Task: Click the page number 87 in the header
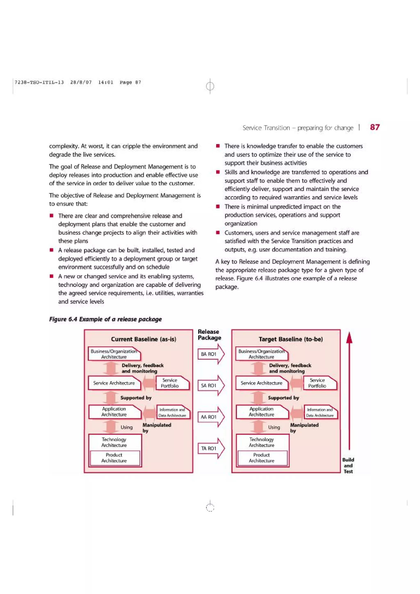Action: (x=375, y=127)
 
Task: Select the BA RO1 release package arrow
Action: (x=211, y=354)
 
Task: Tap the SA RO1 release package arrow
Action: (x=211, y=386)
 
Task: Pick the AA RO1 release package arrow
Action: (x=211, y=417)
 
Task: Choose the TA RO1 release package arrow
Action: (x=211, y=448)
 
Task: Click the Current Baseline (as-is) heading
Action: (x=143, y=339)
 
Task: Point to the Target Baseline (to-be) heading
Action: (x=291, y=339)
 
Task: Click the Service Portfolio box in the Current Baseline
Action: (x=172, y=383)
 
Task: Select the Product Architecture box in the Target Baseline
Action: (x=262, y=458)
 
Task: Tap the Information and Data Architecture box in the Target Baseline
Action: (x=320, y=412)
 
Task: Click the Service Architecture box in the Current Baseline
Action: (x=114, y=383)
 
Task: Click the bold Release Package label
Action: (x=209, y=335)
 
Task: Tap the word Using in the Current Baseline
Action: (x=126, y=427)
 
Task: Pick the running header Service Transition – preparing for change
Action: (x=298, y=128)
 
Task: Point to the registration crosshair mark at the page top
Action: (x=210, y=86)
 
